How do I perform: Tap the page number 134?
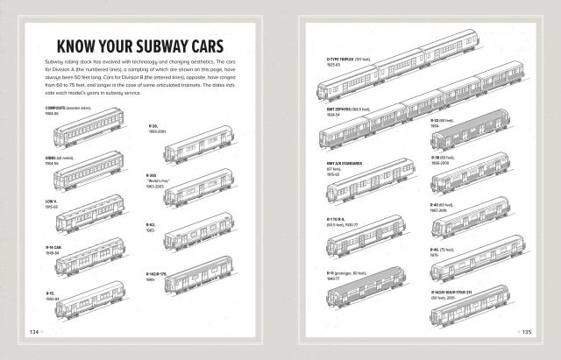click(x=35, y=332)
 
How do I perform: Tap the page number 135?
click(x=528, y=332)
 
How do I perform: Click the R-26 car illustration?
click(x=199, y=145)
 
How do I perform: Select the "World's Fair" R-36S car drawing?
click(x=199, y=187)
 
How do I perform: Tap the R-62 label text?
click(x=151, y=225)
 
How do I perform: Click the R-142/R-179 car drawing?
click(x=199, y=281)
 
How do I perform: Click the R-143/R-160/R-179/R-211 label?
click(x=462, y=293)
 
